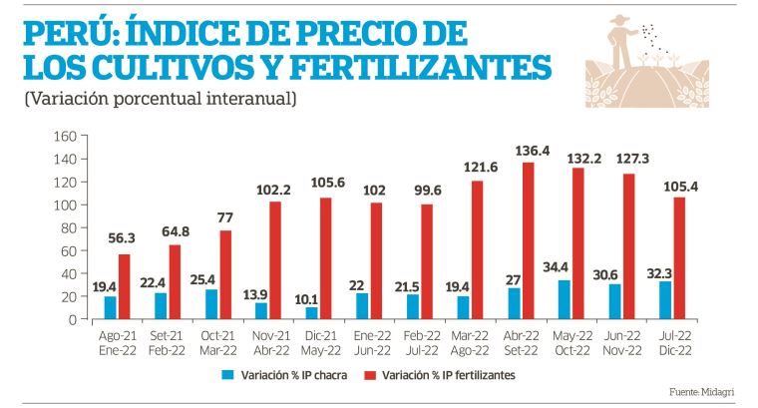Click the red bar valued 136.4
point(529,240)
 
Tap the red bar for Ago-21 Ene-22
point(124,286)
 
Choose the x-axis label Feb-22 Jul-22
point(423,345)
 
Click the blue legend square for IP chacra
point(228,376)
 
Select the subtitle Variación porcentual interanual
point(160,100)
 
